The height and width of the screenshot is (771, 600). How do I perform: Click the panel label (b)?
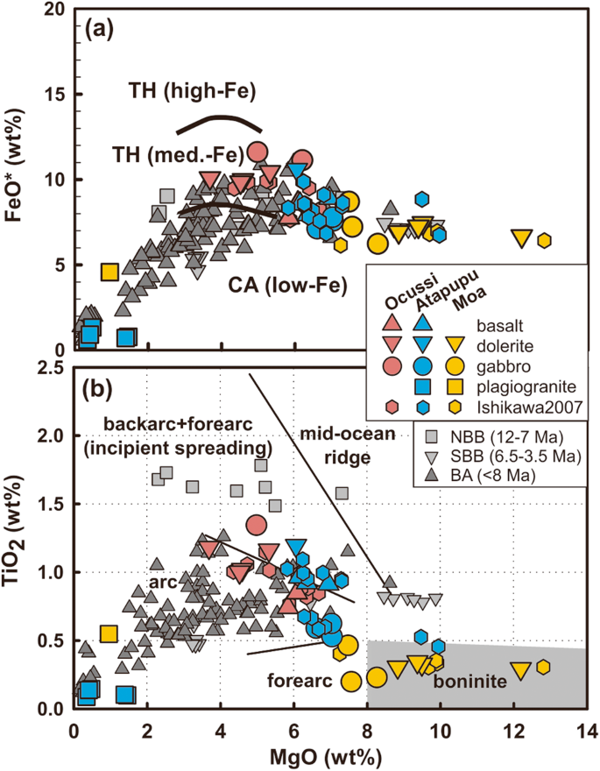99,386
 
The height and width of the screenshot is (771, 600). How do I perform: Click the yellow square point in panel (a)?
109,272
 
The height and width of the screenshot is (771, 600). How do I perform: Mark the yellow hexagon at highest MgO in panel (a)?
544,240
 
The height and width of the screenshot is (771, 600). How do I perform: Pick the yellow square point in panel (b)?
109,633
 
